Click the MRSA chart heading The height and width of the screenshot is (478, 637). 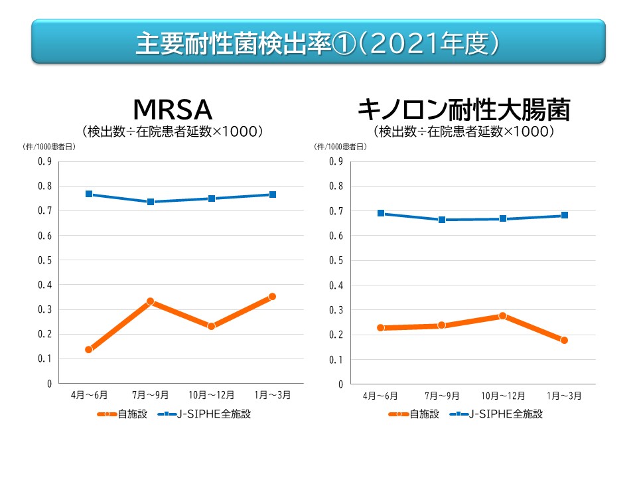(173, 109)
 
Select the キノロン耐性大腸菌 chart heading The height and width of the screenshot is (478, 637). (464, 109)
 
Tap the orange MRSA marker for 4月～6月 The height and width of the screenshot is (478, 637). (89, 349)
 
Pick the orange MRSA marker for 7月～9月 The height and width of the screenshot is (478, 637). (151, 301)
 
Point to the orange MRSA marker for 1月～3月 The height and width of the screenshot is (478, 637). (272, 297)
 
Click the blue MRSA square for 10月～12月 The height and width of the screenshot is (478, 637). (212, 199)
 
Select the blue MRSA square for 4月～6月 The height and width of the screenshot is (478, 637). (89, 194)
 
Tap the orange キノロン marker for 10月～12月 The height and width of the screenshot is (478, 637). (503, 316)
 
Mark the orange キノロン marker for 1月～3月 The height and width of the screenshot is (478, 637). (564, 340)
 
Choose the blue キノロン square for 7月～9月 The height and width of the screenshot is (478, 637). (442, 219)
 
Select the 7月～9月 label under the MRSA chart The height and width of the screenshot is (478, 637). (151, 396)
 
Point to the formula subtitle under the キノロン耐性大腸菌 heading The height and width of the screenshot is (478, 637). (464, 132)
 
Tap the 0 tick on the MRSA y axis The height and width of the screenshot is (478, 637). (48, 384)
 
